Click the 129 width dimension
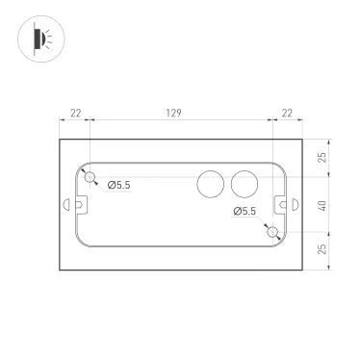(174, 114)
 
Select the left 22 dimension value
(75, 114)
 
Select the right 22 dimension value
(286, 114)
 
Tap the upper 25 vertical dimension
(324, 156)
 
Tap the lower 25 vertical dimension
(324, 251)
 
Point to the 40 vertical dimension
(324, 204)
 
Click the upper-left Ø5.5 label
(118, 184)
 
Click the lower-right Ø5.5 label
(244, 212)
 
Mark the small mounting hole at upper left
(90, 177)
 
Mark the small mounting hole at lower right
(272, 232)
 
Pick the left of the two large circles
(209, 184)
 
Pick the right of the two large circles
(244, 184)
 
